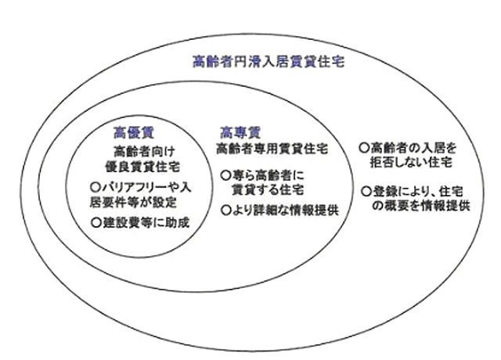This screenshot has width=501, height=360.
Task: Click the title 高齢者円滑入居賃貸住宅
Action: click(269, 61)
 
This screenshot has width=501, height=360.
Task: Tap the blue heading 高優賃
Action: click(134, 132)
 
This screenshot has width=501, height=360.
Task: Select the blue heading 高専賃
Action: click(240, 132)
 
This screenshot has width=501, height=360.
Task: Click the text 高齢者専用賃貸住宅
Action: click(272, 149)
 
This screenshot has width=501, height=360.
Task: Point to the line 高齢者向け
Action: click(144, 151)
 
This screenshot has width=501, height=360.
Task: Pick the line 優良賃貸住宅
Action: click(142, 167)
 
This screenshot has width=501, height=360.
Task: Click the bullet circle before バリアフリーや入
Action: click(96, 187)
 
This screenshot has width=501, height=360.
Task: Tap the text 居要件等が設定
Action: click(133, 203)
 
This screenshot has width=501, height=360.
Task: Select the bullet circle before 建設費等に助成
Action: click(96, 222)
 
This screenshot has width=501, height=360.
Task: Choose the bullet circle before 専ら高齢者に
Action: click(225, 175)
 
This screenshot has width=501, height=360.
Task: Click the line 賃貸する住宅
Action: click(268, 190)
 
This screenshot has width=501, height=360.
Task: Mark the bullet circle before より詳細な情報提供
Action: click(225, 211)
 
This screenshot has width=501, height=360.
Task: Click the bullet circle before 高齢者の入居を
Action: click(364, 148)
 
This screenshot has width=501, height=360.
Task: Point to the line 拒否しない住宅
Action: click(411, 163)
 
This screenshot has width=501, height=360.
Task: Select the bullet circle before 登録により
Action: click(366, 192)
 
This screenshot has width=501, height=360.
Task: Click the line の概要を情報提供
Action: click(421, 206)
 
